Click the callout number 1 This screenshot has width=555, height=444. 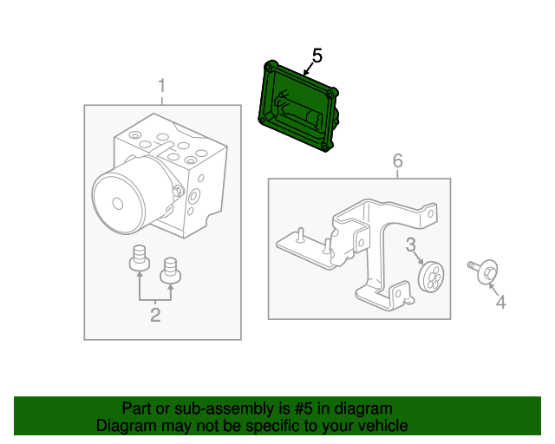[x=160, y=86]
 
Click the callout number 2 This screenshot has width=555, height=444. [x=155, y=315]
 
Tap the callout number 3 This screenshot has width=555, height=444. [x=412, y=245]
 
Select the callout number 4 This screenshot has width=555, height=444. [x=499, y=302]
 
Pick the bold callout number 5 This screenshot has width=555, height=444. [x=317, y=55]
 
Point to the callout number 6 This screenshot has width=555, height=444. [x=398, y=160]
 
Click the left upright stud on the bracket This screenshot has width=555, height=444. [x=299, y=234]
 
